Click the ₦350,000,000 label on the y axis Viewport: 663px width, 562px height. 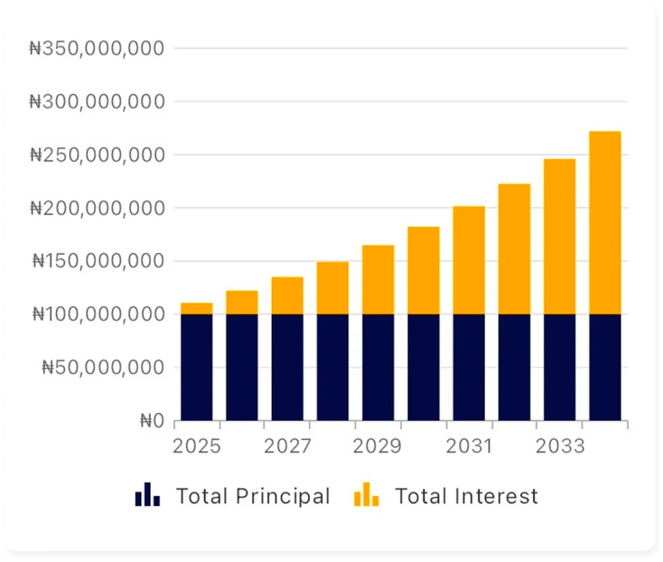click(96, 49)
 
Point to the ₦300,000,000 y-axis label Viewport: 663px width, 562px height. click(96, 102)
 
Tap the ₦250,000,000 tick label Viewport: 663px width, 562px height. click(96, 155)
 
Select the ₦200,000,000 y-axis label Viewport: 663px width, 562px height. click(96, 208)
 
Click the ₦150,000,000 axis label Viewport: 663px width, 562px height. click(98, 261)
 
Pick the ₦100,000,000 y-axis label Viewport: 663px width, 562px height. click(98, 314)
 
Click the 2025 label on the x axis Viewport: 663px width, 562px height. click(197, 447)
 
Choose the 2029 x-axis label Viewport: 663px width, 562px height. click(378, 447)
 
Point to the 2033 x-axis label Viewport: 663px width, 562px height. click(559, 447)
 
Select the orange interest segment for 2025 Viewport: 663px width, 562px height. click(197, 309)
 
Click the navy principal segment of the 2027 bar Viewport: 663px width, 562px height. click(287, 367)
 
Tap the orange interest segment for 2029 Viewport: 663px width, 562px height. click(378, 280)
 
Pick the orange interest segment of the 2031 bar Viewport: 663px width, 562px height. click(469, 260)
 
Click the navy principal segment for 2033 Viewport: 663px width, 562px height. click(559, 367)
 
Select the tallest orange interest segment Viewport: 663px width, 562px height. click(605, 223)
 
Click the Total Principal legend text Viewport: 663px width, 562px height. click(253, 497)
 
